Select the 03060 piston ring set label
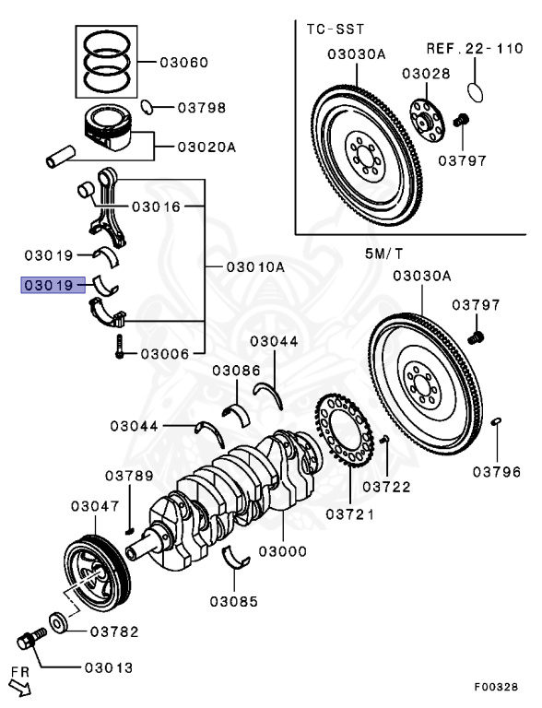click(x=183, y=63)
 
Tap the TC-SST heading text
click(x=336, y=29)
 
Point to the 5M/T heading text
click(x=383, y=254)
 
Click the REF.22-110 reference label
click(x=475, y=48)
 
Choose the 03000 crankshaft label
click(x=283, y=551)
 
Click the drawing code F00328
click(x=496, y=687)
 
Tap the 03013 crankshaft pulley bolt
click(x=31, y=638)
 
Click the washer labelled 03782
click(x=58, y=623)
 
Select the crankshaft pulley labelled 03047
click(x=97, y=572)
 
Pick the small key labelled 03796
click(x=496, y=421)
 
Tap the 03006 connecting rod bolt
click(x=119, y=347)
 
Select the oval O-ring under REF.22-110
click(x=475, y=92)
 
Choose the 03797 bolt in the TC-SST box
click(x=461, y=121)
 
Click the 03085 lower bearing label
click(x=233, y=601)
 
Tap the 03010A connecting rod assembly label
click(x=255, y=266)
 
